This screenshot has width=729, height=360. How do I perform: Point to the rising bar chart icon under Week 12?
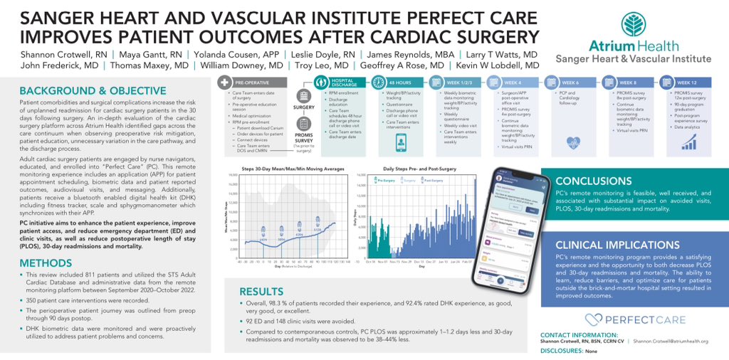pos(688,142)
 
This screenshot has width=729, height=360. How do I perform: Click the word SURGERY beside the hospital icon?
pos(304,107)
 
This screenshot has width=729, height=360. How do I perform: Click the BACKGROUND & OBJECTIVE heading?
pos(93,91)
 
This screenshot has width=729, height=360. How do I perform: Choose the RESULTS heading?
pos(262,292)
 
